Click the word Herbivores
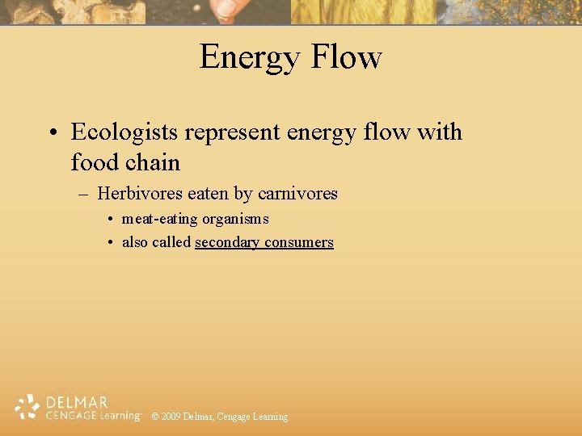coord(139,194)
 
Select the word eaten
coord(208,194)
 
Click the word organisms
coord(235,219)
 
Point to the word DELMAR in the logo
coord(78,402)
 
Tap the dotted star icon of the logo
coord(27,407)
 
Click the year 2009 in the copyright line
coord(170,417)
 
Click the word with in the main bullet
coord(439,132)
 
